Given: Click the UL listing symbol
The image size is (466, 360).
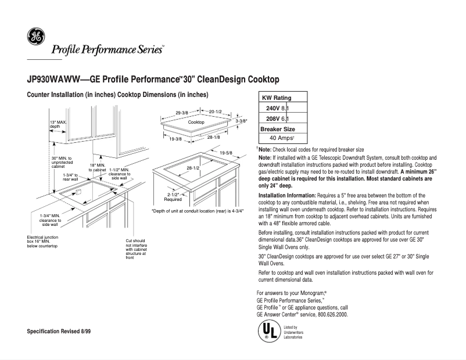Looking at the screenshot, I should click(x=268, y=331).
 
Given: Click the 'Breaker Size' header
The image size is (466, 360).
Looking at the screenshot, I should click(x=278, y=128).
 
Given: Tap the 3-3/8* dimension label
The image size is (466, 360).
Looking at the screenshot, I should click(x=242, y=121).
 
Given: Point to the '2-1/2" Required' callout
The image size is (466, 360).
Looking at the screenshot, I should click(x=173, y=197).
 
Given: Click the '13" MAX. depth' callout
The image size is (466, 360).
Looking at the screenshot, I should click(x=57, y=124).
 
